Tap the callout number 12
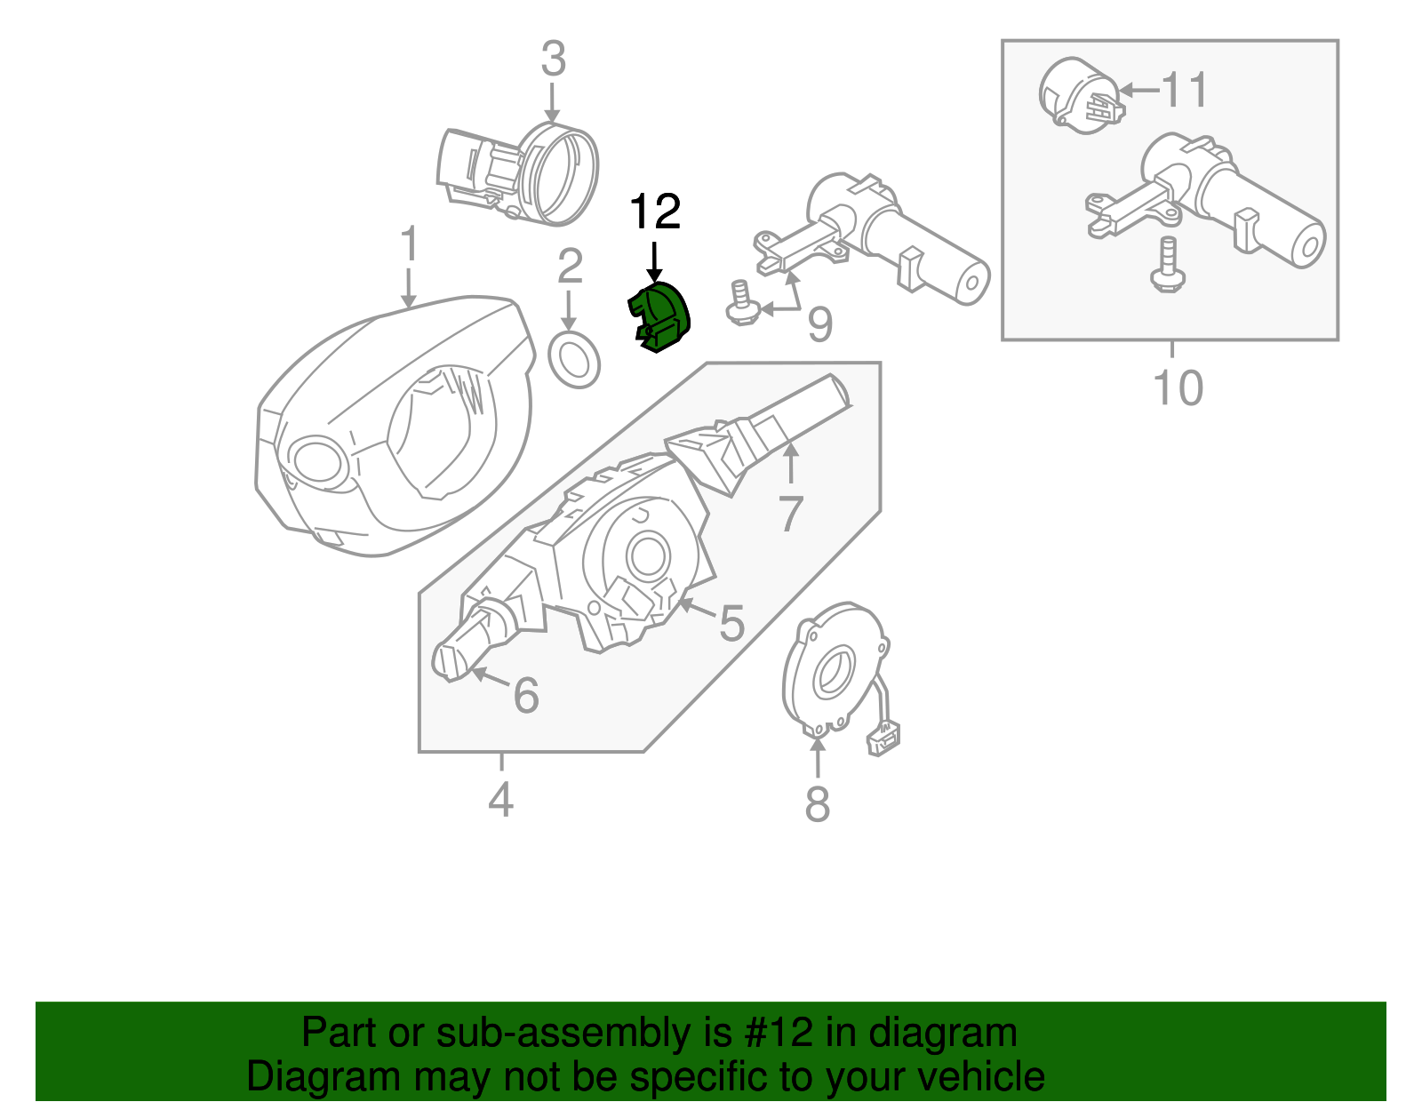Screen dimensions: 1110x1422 tap(655, 212)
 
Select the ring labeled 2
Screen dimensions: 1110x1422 tap(575, 360)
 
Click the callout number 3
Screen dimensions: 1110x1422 tap(553, 60)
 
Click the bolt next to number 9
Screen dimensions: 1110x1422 tap(739, 302)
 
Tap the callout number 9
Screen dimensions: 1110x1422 tap(819, 324)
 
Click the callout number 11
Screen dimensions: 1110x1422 tap(1185, 91)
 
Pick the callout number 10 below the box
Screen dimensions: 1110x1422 tap(1178, 388)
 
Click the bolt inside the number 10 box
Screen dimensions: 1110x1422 tap(1167, 266)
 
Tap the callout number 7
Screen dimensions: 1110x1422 tap(790, 514)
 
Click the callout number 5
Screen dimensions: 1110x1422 tap(731, 623)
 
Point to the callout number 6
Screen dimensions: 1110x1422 tap(526, 695)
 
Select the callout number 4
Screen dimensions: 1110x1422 tap(500, 800)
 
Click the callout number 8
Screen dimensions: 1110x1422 tap(817, 804)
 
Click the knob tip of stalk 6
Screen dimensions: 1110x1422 tap(447, 661)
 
